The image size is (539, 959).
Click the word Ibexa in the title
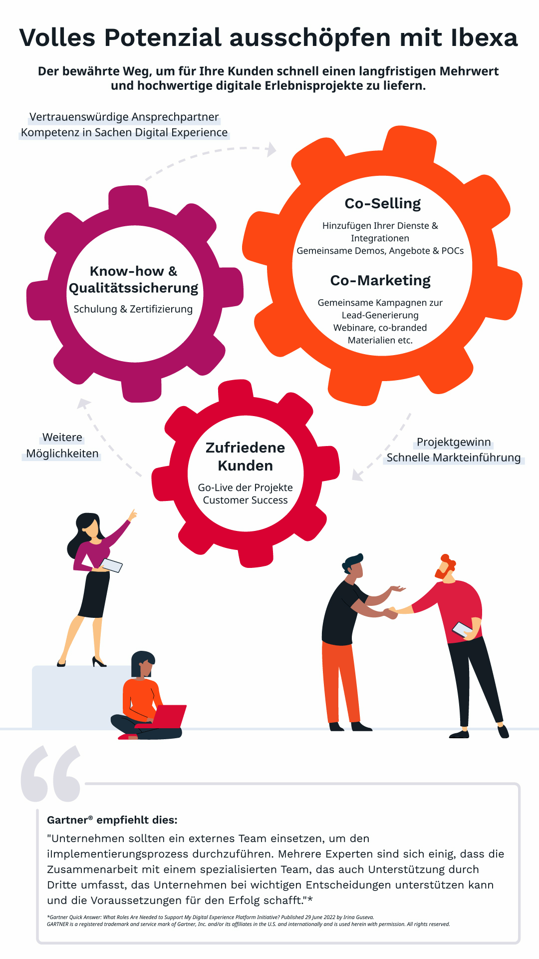pos(484,38)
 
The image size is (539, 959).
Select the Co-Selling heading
pos(383,204)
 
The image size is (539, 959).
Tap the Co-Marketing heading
pos(380,281)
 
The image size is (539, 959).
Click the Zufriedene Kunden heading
pos(246,457)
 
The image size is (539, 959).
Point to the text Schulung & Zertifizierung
pos(133,309)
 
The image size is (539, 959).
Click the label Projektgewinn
pos(454,442)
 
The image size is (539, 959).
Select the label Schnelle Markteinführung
pos(454,458)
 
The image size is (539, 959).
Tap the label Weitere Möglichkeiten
pos(62,446)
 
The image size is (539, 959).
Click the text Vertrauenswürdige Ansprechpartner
pos(124,117)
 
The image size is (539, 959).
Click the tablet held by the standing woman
pos(111,565)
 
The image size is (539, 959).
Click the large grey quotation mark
pos(51,773)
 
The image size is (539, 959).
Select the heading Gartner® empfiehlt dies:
pos(112,820)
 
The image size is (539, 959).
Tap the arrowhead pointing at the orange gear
pos(271,149)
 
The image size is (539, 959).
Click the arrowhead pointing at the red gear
pos(357,475)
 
